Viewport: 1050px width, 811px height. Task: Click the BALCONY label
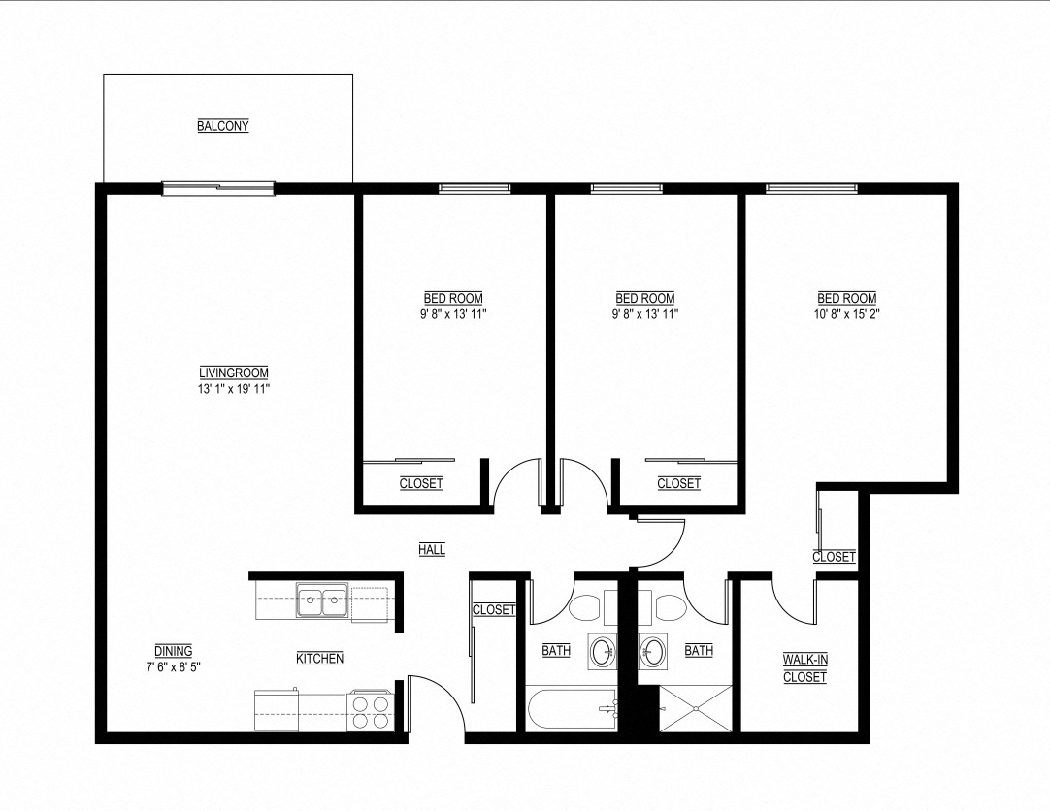(x=223, y=126)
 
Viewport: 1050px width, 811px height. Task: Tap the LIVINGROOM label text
(x=233, y=373)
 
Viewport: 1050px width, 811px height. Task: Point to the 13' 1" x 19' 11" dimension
(x=233, y=389)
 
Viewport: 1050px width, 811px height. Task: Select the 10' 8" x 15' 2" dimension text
(x=846, y=314)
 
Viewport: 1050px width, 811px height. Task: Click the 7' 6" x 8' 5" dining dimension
(x=173, y=667)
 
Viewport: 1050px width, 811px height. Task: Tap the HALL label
(x=432, y=550)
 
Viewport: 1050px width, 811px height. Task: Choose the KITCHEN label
(x=319, y=659)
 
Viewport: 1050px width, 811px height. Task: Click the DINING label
(x=173, y=651)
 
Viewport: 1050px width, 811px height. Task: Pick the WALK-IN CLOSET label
(x=804, y=668)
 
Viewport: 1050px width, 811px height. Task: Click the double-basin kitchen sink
(x=323, y=602)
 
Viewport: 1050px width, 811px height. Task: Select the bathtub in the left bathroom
(x=572, y=709)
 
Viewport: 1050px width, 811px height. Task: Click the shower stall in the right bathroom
(x=696, y=708)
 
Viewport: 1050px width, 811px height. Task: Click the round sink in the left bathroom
(x=602, y=651)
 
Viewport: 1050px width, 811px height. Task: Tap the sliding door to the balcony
(x=218, y=189)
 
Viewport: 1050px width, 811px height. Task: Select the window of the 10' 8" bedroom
(x=811, y=188)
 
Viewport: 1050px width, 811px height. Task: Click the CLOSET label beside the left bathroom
(x=494, y=610)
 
